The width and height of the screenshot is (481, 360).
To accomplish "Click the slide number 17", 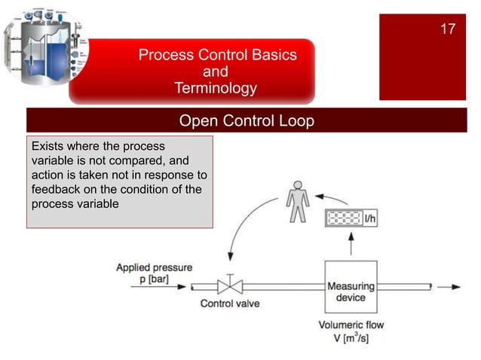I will pos(448,29).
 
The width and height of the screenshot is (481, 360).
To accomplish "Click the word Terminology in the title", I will pos(215,88).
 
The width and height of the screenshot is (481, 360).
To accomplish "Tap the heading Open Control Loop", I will pos(246,121).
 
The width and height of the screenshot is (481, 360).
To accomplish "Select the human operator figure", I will pos(298,200).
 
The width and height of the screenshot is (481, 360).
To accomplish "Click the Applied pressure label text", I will pos(154,267).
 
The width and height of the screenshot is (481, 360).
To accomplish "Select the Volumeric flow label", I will pos(351,326).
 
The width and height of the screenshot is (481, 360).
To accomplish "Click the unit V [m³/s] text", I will pos(351,339).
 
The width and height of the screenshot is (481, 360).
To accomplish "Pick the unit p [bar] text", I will pos(154,279).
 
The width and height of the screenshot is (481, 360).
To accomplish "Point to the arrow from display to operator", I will pos(331,198).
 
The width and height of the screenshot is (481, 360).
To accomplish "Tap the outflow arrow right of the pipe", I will pos(448,287).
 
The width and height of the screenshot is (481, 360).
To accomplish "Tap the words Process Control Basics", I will pos(217,55).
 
